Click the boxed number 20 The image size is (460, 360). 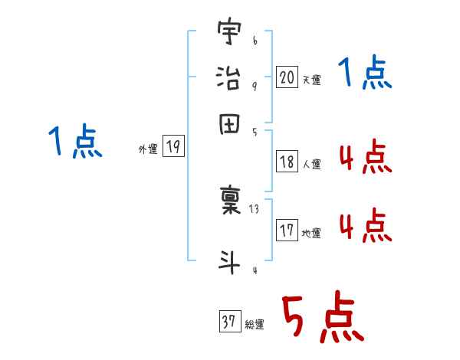pos(287,77)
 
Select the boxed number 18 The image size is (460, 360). pos(287,162)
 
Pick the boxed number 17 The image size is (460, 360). pos(287,231)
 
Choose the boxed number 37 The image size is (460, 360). pos(229,322)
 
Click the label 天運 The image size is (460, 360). pos(310,80)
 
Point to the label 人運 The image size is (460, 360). pos(310,164)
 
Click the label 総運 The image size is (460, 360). pos(255,325)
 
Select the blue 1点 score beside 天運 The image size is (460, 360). pos(365,75)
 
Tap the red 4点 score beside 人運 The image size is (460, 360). pos(364,159)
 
